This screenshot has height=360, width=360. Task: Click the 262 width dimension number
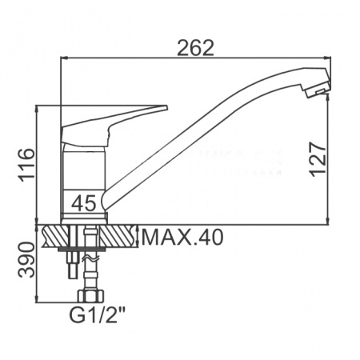coord(195,48)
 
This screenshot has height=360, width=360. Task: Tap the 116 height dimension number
coord(26,166)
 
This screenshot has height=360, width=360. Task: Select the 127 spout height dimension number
coord(318,159)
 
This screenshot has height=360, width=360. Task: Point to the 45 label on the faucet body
coord(83,203)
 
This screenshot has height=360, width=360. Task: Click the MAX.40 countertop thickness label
coord(182,238)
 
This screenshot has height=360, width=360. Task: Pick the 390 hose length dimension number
coord(26,260)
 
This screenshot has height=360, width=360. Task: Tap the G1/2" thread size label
coord(97,315)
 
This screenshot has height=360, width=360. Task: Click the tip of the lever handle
coord(166,107)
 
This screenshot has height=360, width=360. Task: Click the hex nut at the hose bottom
coord(91,296)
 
